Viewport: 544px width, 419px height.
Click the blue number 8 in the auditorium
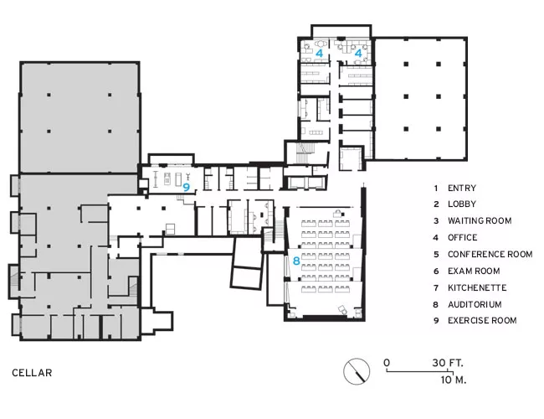click(296, 261)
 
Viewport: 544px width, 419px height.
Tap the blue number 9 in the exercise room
click(187, 187)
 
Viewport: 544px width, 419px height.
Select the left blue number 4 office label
click(319, 53)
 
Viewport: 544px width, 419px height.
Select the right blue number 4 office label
click(358, 53)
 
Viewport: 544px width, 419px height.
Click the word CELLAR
click(32, 373)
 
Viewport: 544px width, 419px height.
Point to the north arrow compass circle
click(357, 371)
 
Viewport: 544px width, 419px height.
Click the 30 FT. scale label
click(448, 363)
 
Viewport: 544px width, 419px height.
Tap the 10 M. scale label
click(454, 380)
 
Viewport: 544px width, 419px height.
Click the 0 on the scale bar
click(387, 363)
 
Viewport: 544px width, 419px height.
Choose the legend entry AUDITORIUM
click(475, 305)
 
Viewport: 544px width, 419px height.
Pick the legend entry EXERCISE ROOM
click(482, 320)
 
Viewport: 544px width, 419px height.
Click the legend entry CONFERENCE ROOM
click(490, 254)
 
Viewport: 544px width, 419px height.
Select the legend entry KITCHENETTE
click(477, 287)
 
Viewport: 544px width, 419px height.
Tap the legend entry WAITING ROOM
click(480, 220)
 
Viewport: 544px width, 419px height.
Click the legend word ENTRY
click(462, 188)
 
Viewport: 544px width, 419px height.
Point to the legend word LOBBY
click(462, 204)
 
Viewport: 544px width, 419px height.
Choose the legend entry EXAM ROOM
click(474, 271)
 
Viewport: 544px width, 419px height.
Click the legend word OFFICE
click(463, 238)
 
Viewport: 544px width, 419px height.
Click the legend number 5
click(436, 254)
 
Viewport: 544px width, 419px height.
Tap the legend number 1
click(436, 188)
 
